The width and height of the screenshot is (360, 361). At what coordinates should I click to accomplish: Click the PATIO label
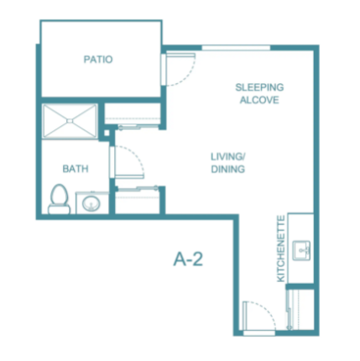[98, 60]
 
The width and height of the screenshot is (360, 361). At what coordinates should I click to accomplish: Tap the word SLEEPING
[259, 87]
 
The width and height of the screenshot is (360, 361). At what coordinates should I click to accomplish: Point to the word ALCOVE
[259, 100]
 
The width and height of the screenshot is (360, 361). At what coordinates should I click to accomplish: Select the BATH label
[76, 169]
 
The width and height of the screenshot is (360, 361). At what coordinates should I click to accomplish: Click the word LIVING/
[228, 156]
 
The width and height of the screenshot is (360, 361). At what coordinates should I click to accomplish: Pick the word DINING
[228, 169]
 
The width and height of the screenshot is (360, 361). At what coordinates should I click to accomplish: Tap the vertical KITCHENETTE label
[281, 249]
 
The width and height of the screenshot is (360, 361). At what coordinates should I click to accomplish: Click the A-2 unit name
[188, 259]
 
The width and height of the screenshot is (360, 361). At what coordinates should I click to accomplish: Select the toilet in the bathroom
[59, 199]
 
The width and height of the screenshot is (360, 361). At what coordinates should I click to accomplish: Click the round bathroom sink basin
[91, 203]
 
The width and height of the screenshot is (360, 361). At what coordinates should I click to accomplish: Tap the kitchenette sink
[301, 250]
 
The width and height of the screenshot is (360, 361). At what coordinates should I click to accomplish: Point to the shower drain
[70, 121]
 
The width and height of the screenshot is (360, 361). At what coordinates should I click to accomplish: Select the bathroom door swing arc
[135, 156]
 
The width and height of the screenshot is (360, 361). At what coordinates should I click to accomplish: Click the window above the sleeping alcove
[236, 48]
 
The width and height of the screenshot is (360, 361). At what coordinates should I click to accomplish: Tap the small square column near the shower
[107, 133]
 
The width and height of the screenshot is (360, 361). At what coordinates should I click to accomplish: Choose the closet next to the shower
[132, 115]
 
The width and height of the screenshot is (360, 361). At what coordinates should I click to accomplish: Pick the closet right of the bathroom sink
[138, 201]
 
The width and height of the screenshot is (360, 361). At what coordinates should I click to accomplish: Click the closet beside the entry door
[301, 309]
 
